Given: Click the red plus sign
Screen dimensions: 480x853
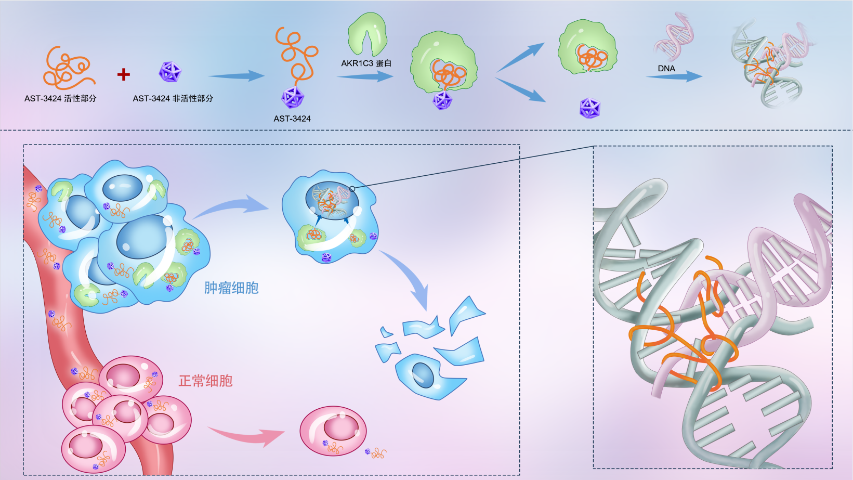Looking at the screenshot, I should point(123,74).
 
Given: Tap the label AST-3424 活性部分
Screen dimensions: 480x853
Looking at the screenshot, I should point(60,98).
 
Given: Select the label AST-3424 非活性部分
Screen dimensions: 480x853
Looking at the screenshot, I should point(173,98).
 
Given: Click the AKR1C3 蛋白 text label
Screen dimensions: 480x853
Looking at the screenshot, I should point(366,63).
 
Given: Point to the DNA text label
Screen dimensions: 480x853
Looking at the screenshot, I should point(666,69).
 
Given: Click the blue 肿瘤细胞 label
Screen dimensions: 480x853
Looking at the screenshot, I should point(231,288).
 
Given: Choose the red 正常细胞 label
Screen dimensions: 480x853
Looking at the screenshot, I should point(205,381).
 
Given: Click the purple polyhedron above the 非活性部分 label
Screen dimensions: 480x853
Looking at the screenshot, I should point(169,72).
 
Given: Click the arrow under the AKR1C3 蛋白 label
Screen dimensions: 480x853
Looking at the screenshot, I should point(365,77).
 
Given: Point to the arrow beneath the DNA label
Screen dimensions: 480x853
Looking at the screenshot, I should point(674,77).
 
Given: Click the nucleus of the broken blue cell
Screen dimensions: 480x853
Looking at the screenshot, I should point(423,374).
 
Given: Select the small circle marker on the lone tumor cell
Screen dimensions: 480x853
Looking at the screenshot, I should point(352,189).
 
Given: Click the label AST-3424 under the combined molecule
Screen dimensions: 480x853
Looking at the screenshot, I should point(292,119).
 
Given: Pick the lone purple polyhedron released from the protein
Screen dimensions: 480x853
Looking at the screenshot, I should point(589,108).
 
